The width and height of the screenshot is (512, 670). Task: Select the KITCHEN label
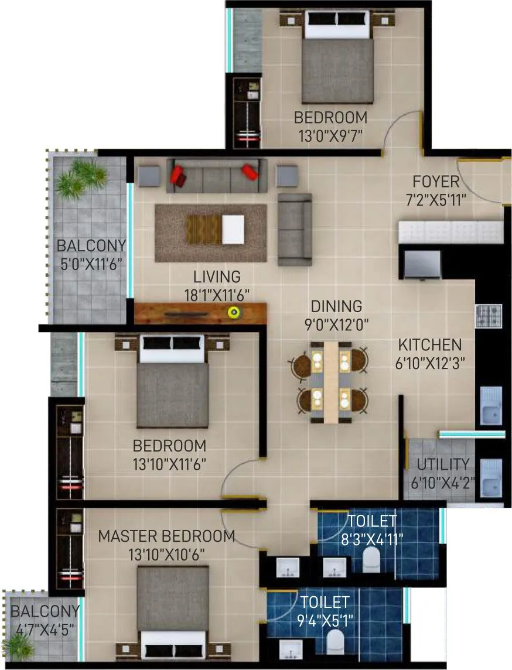[x=429, y=345]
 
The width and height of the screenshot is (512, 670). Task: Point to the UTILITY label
[x=443, y=465]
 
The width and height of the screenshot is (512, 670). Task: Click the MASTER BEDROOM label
[x=166, y=536]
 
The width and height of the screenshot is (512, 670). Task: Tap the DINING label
[x=336, y=306]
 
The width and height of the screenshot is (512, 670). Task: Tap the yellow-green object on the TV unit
[x=234, y=312]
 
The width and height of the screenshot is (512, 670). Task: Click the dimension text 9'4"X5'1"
[x=325, y=618]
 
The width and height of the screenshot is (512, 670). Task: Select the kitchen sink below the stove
[x=491, y=405]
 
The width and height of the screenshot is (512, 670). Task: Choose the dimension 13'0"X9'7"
[x=331, y=136]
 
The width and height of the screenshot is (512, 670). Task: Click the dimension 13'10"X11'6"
[x=169, y=465]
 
